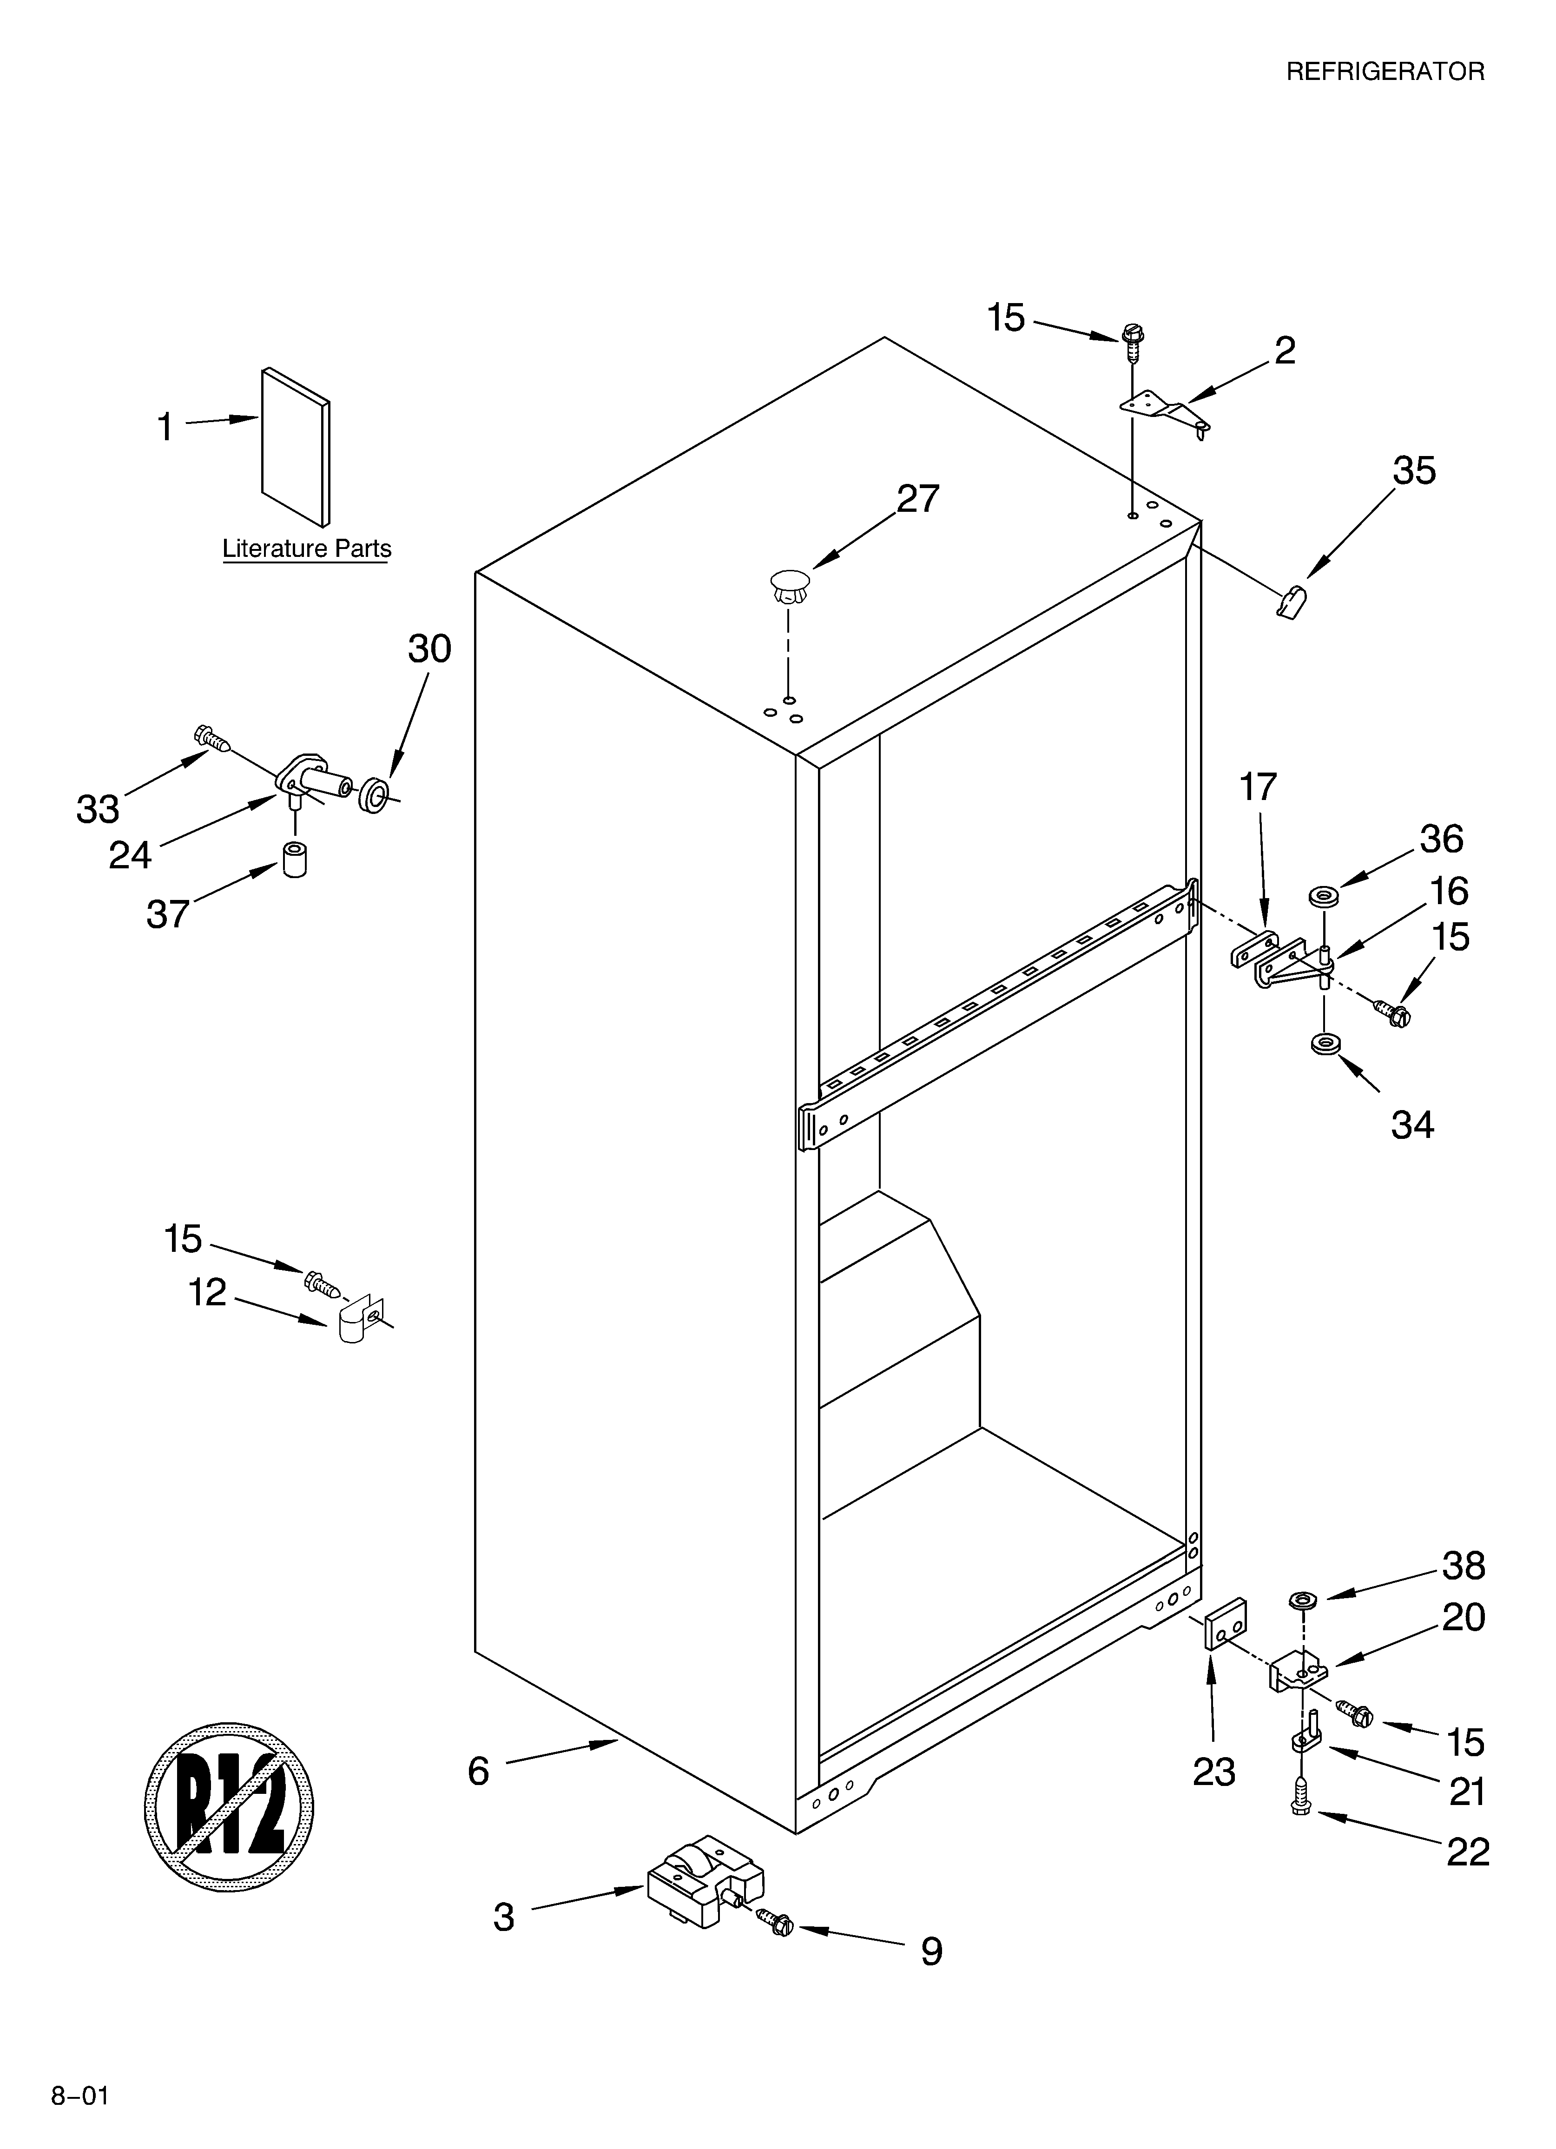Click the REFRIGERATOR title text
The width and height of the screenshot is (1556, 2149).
pos(1385,72)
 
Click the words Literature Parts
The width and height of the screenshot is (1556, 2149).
pos(306,549)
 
